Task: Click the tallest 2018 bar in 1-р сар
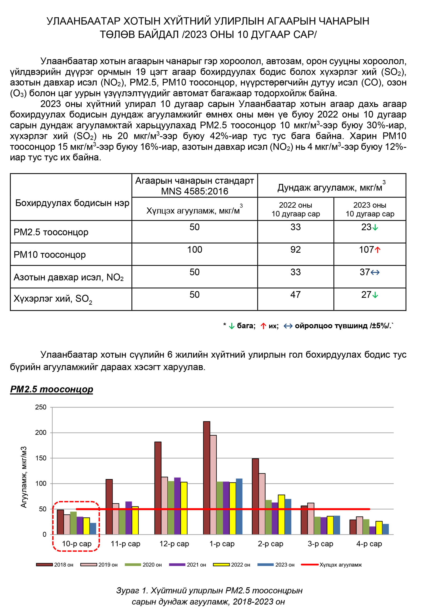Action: pyautogui.click(x=207, y=477)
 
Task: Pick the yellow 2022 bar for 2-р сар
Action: pyautogui.click(x=281, y=514)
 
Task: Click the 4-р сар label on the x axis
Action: pyautogui.click(x=369, y=544)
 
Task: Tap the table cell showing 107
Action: pyautogui.click(x=366, y=250)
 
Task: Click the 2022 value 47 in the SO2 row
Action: pyautogui.click(x=295, y=295)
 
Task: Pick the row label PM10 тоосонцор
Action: pyautogui.click(x=50, y=255)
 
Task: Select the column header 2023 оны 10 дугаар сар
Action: pyautogui.click(x=370, y=209)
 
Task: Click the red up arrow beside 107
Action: pyautogui.click(x=378, y=250)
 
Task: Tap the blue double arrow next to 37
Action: pyautogui.click(x=375, y=272)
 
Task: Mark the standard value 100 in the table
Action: pyautogui.click(x=195, y=250)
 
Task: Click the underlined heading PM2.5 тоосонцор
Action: pyautogui.click(x=51, y=389)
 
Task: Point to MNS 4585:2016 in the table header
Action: pyautogui.click(x=195, y=191)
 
